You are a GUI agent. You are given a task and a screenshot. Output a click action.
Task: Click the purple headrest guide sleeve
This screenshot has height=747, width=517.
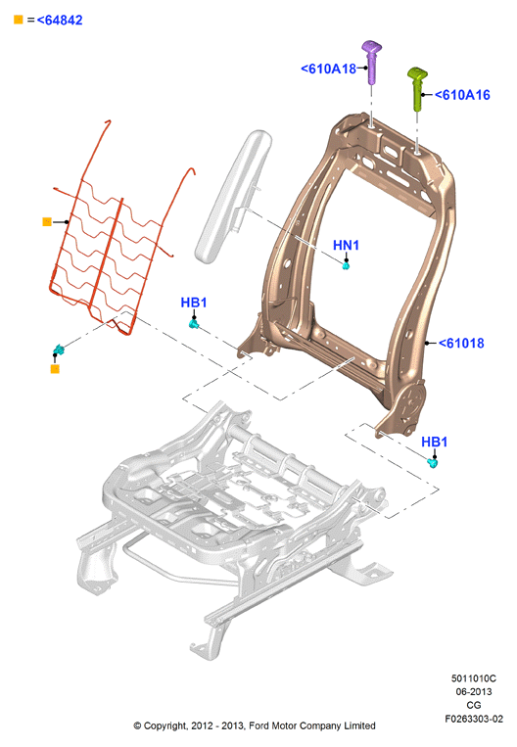pyautogui.click(x=371, y=62)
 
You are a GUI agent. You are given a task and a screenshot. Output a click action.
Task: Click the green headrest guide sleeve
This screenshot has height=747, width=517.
pyautogui.click(x=417, y=89)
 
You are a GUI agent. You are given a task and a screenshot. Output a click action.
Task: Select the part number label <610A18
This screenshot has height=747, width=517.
pyautogui.click(x=329, y=70)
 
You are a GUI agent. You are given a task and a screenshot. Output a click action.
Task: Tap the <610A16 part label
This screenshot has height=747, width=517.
pyautogui.click(x=462, y=95)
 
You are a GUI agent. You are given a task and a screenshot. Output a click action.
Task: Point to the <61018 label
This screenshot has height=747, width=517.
pyautogui.click(x=461, y=343)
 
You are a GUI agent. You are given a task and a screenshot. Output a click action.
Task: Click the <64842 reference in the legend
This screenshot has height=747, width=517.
pyautogui.click(x=60, y=20)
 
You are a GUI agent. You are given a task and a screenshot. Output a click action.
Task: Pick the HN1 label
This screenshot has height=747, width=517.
pyautogui.click(x=346, y=246)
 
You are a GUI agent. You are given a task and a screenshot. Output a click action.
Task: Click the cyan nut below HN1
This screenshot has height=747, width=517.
pyautogui.click(x=346, y=265)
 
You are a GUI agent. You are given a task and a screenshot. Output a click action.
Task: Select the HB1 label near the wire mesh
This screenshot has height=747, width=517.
pyautogui.click(x=194, y=303)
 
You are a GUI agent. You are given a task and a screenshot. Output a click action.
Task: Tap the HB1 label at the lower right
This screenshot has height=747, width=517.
pyautogui.click(x=434, y=442)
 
